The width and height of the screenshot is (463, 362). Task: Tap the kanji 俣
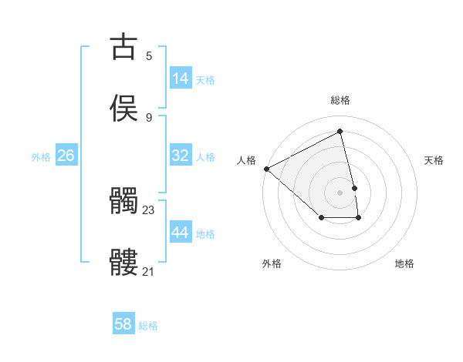[x=123, y=108]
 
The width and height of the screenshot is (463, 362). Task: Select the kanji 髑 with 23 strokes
[x=123, y=202]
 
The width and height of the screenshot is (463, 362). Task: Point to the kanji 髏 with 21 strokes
[x=123, y=263]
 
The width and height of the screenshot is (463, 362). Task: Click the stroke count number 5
[x=149, y=56]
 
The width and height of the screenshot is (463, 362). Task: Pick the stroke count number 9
[x=149, y=117]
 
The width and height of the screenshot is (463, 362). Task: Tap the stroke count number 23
[x=149, y=209]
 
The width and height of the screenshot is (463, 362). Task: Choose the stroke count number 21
[x=149, y=271]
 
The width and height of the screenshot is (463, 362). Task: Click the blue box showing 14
[x=181, y=79]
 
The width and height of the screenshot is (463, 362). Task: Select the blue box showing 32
[x=181, y=156]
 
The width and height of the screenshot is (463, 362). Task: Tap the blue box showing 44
[x=181, y=233]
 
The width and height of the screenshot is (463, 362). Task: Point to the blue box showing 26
[x=66, y=156]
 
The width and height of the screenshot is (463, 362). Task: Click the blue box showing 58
[x=123, y=324]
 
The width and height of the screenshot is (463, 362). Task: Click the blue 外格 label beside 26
[x=41, y=157]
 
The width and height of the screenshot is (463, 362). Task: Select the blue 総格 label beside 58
[x=148, y=326]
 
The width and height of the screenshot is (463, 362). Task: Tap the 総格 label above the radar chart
[x=340, y=100]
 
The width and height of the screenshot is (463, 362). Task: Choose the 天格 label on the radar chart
[x=434, y=160]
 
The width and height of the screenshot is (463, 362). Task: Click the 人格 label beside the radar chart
[x=246, y=160]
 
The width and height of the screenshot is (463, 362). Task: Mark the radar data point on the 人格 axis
[x=266, y=169]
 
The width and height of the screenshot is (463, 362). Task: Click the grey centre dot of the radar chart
[x=340, y=193]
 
